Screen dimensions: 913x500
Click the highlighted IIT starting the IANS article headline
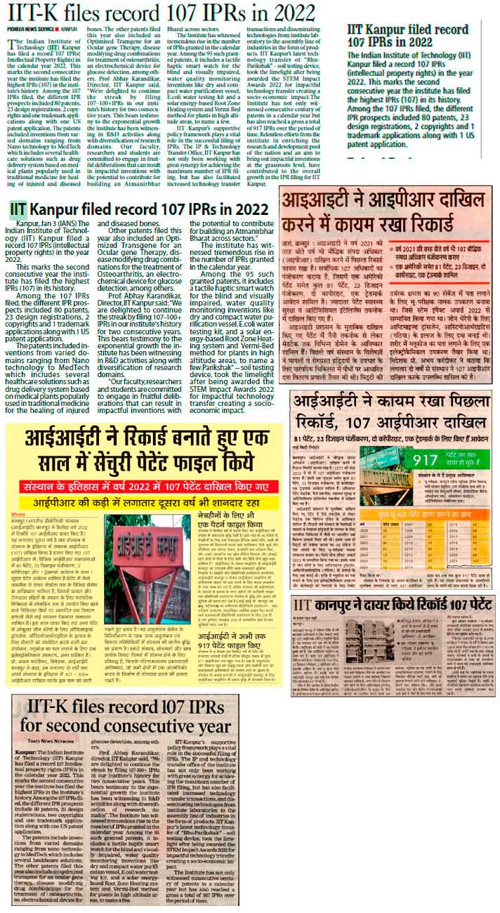pos(18,210)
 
